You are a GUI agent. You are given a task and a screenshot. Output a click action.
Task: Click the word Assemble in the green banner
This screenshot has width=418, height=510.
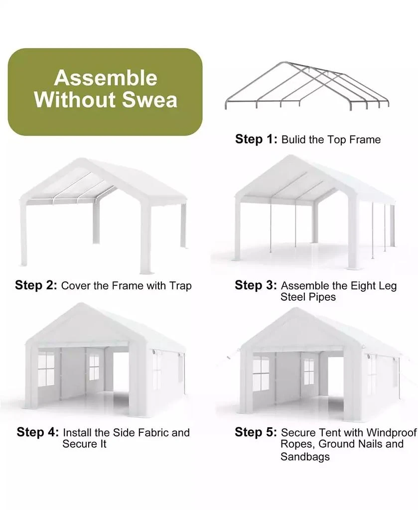point(105,78)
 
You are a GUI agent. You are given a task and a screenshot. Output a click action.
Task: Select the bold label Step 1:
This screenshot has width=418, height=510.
point(256,139)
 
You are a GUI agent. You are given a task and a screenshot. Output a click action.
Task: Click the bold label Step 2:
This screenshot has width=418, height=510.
point(36,285)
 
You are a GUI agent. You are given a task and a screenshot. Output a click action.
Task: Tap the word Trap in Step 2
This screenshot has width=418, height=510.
point(180,286)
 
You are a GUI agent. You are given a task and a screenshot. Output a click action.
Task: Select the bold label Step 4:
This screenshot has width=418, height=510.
point(38,432)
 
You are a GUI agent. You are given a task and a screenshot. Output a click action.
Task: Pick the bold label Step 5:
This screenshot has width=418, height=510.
point(256,432)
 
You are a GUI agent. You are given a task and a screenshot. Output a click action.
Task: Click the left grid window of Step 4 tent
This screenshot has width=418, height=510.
point(46,369)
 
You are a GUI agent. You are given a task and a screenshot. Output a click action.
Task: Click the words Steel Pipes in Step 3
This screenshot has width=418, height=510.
point(308,297)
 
